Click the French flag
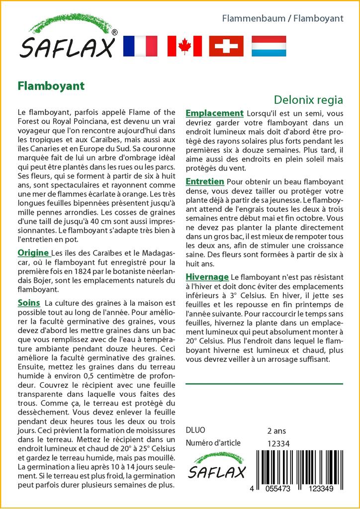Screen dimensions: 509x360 tap(140, 46)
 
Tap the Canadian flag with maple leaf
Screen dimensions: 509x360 tap(184, 46)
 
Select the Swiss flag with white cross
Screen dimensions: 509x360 tap(226, 46)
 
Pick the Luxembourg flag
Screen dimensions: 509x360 tap(269, 46)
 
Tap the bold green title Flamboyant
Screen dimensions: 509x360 tap(51, 85)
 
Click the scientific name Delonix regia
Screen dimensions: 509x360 tap(308, 100)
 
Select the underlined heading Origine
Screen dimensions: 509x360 tap(33, 253)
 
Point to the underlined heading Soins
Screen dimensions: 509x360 tap(29, 303)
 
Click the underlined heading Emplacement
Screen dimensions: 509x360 tap(214, 113)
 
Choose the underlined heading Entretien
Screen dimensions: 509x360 tap(204, 182)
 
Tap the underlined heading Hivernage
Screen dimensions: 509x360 tap(207, 277)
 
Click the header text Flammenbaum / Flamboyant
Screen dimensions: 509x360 tap(282, 19)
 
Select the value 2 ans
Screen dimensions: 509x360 tap(276, 431)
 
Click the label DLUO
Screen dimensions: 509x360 tap(195, 430)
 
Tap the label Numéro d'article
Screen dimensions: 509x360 tap(213, 443)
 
